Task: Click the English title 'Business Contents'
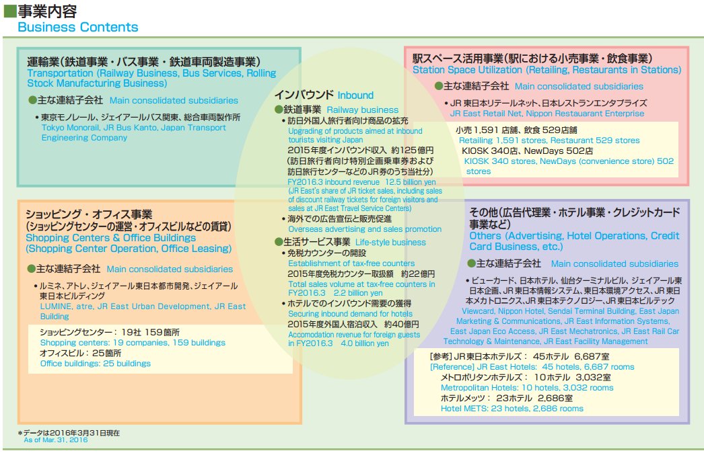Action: tap(77, 28)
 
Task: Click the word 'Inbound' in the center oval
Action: tap(355, 95)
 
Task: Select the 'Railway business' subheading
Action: tap(363, 110)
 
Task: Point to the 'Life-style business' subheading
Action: tap(390, 242)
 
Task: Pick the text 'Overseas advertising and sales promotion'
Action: tap(365, 229)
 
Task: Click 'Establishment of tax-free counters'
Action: tap(351, 263)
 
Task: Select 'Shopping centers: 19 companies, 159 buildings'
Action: tap(133, 343)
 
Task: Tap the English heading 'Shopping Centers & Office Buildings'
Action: tap(111, 238)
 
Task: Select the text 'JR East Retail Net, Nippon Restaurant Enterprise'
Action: tap(547, 114)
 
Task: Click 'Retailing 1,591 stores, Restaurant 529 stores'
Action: tap(549, 140)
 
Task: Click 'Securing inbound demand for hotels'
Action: tap(351, 313)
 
